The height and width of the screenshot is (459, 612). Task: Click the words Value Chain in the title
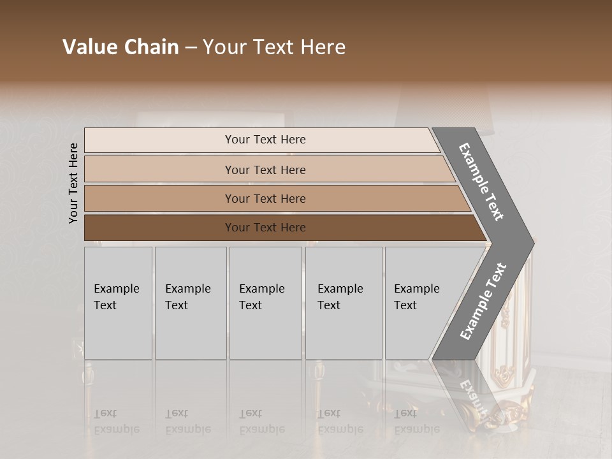pyautogui.click(x=120, y=47)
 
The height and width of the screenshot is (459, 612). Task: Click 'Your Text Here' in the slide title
pyautogui.click(x=274, y=47)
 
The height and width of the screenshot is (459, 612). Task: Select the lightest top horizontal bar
pyautogui.click(x=265, y=140)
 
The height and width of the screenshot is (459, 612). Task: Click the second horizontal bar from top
pyautogui.click(x=265, y=170)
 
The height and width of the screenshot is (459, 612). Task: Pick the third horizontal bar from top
pyautogui.click(x=265, y=198)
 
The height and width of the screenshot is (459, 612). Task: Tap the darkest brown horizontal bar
pyautogui.click(x=265, y=228)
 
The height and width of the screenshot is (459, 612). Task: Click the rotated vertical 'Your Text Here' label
pyautogui.click(x=73, y=183)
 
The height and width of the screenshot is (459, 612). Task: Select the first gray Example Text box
pyautogui.click(x=118, y=303)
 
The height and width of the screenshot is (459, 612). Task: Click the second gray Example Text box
pyautogui.click(x=191, y=303)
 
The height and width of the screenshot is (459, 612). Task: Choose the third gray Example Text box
pyautogui.click(x=265, y=303)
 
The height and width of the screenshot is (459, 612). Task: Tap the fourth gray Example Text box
pyautogui.click(x=344, y=303)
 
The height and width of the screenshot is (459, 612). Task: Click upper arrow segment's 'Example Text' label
pyautogui.click(x=481, y=182)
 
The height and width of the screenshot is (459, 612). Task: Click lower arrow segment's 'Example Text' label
pyautogui.click(x=483, y=302)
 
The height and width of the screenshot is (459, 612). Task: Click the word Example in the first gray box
pyautogui.click(x=116, y=288)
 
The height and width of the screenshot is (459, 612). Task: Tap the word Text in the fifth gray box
pyautogui.click(x=405, y=305)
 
